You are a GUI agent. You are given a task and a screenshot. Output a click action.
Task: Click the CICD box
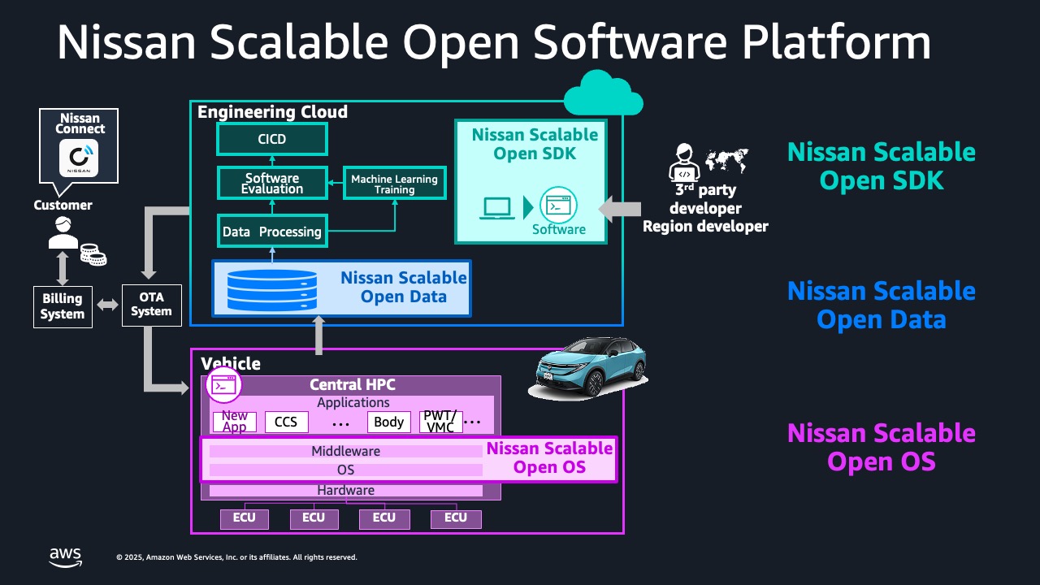pos(272,139)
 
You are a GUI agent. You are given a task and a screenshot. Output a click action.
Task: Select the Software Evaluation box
pos(272,184)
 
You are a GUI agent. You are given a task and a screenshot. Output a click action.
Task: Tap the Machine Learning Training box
pos(394,184)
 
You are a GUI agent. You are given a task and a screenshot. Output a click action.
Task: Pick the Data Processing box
pos(272,232)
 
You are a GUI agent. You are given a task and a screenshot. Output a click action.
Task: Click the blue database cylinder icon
pos(272,288)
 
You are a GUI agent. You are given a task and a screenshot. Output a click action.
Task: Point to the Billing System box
pos(63,306)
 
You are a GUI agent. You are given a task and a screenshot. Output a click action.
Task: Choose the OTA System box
pos(151,305)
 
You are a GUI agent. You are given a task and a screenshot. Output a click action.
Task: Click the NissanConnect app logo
pos(79,158)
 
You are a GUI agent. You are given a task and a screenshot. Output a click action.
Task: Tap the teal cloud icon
pos(603,94)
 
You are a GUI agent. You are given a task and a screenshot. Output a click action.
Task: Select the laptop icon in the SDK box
pos(496,208)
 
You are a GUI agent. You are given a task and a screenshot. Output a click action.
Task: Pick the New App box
pos(235,422)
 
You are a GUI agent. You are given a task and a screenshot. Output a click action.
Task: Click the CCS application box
pos(286,422)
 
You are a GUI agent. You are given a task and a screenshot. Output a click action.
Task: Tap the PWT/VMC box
pos(440,422)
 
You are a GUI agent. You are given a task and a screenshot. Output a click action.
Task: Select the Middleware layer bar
pos(345,451)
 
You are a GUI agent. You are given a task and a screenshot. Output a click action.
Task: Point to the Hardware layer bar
pos(345,490)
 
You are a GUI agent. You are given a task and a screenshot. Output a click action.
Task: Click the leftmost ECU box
pos(244,518)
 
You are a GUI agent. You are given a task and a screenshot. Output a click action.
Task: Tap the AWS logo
pos(65,557)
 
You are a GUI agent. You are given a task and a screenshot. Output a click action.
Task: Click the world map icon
pos(726,160)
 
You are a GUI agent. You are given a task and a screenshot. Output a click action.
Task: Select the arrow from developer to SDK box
pos(619,209)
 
